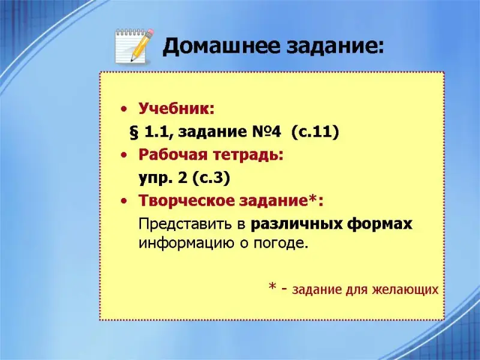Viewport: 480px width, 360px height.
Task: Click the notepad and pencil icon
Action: point(134,46)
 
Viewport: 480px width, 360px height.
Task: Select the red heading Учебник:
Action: point(176,109)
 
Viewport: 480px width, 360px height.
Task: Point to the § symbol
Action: point(134,132)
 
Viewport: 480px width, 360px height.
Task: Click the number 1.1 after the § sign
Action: point(157,132)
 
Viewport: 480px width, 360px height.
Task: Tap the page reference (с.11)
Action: point(316,132)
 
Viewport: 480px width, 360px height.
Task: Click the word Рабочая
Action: point(173,155)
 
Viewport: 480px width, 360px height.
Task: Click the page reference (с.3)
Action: point(211,178)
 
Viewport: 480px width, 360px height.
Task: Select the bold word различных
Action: point(296,224)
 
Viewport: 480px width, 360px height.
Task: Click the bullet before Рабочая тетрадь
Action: point(124,155)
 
